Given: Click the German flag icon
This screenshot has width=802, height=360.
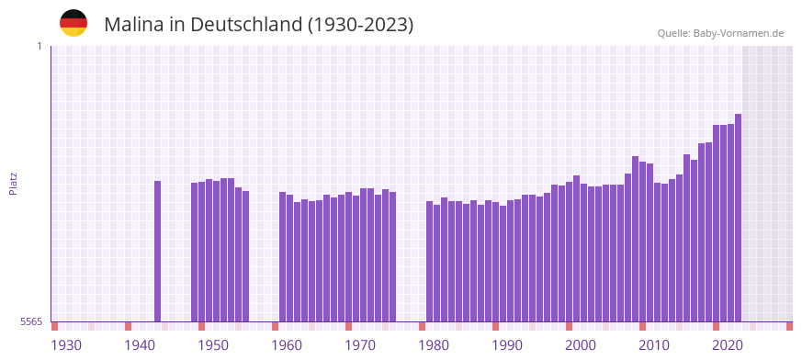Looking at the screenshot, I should coord(73,23).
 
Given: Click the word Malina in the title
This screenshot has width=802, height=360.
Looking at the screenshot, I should coord(133,25).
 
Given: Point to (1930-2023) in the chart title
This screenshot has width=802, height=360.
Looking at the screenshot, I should coord(361,25).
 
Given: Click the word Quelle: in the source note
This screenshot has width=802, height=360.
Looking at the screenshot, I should coord(673,33).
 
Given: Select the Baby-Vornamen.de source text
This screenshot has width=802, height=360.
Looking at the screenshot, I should coord(739,33).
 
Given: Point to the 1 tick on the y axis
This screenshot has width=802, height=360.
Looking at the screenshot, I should coord(39,46).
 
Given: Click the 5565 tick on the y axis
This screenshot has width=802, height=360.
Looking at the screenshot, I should coord(30,321).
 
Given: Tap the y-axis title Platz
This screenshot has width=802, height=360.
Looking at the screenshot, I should coord(13,183).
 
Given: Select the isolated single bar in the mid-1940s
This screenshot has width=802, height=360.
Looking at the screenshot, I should coord(157,251).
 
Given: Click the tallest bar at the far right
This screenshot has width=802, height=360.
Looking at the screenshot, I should coord(738,218).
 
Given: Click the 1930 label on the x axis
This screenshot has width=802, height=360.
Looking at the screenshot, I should coord(66,344).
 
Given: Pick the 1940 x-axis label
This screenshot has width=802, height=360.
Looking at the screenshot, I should coord(140,344).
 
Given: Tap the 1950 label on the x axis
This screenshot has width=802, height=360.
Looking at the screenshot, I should coord(213,344).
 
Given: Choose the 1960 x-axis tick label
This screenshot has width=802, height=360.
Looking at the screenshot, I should coord(287,344).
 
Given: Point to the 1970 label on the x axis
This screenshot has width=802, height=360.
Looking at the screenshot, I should coord(360,344).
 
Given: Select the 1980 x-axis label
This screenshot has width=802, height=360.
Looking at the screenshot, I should coord(434,344).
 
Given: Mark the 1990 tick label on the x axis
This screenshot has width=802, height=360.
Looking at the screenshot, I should coord(507,344).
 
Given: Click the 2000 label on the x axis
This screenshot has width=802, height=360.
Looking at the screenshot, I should coord(581,344).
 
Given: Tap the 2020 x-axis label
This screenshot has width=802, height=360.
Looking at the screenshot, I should coord(728,344).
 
